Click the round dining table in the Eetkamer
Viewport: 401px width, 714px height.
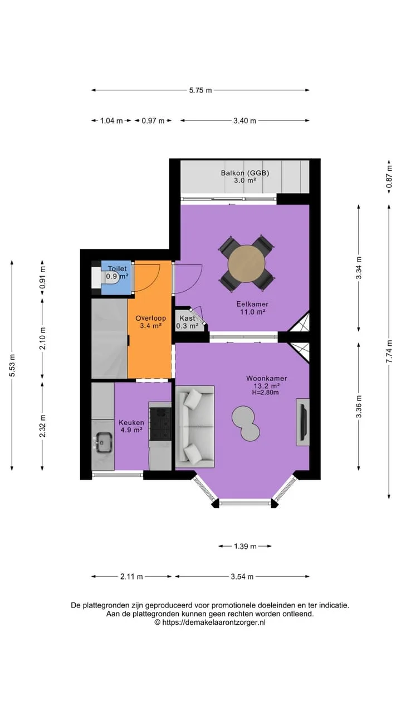[x=246, y=264]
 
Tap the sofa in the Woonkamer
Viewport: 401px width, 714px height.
[x=195, y=427]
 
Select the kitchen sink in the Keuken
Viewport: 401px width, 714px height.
[x=103, y=442]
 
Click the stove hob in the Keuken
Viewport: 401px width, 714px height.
[x=160, y=424]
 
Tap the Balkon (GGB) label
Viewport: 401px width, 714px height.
[x=245, y=173]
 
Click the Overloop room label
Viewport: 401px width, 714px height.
[x=150, y=318]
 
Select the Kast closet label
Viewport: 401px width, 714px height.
[x=187, y=318]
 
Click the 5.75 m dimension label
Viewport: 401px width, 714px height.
[x=200, y=90]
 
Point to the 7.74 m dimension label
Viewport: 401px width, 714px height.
[x=389, y=351]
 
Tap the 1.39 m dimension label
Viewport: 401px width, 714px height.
[x=245, y=546]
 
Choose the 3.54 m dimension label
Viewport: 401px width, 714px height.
[x=242, y=577]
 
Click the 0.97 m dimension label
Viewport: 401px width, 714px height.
[x=153, y=121]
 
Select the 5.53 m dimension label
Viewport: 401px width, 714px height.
[x=12, y=365]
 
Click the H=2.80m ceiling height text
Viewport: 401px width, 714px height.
[x=265, y=393]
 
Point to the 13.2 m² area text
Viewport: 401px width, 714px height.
[x=265, y=385]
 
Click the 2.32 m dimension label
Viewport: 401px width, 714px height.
[x=42, y=426]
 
